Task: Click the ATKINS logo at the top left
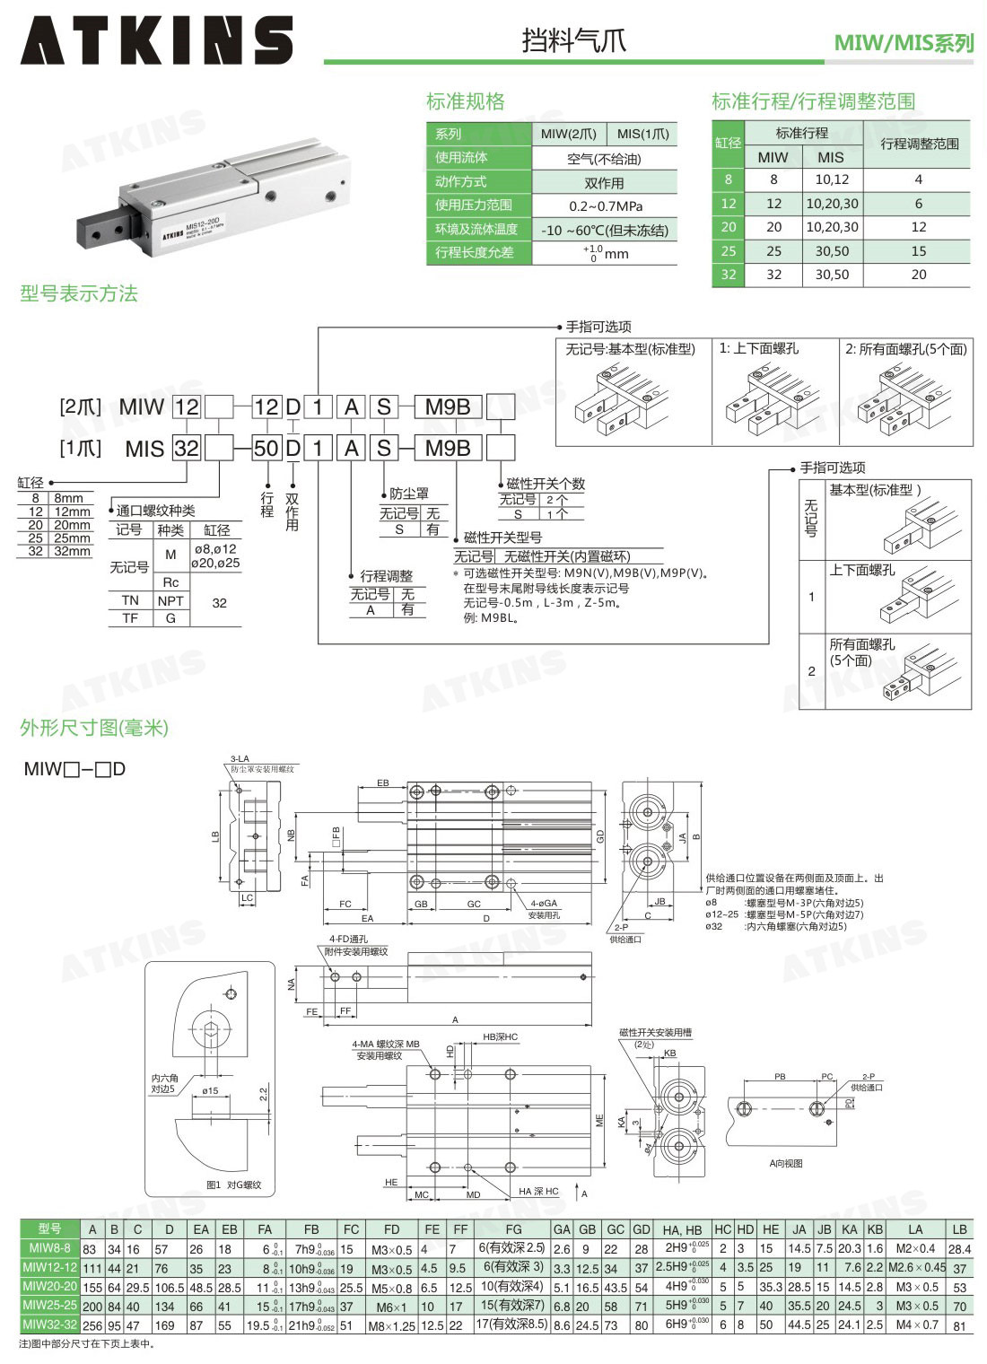(156, 40)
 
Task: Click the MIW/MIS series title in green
(903, 42)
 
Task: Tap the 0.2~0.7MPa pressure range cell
(605, 205)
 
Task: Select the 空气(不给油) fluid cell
(605, 159)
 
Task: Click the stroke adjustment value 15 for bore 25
(918, 251)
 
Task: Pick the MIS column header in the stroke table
(831, 157)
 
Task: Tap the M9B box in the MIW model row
(448, 407)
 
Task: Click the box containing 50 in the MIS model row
(266, 448)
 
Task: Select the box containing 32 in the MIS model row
(187, 448)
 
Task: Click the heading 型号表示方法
(79, 293)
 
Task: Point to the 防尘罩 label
(408, 494)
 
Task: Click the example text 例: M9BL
(491, 617)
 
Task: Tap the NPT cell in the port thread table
(170, 600)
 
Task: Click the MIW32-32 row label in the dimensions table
(49, 1324)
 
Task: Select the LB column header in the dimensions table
(959, 1228)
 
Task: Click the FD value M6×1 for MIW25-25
(391, 1307)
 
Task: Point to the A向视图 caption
(786, 1163)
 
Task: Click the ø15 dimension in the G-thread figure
(210, 1090)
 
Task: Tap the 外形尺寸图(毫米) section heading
(94, 727)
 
